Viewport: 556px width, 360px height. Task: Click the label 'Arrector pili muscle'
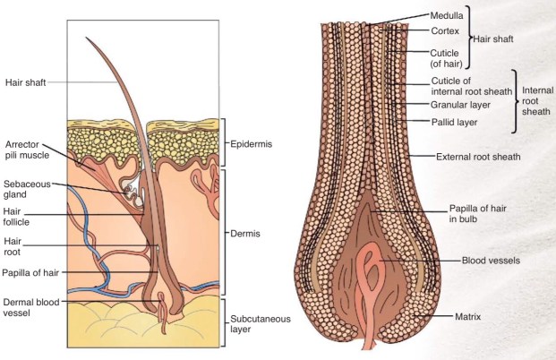24,150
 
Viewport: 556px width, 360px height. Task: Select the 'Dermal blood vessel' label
30,309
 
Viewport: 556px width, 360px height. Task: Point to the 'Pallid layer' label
457,119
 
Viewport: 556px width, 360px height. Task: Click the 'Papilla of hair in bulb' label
480,216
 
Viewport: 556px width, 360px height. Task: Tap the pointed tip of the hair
87,38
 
